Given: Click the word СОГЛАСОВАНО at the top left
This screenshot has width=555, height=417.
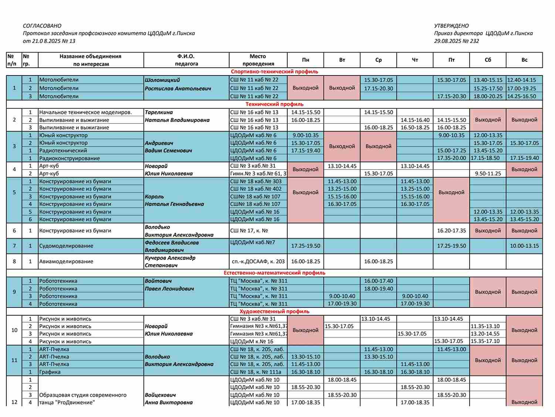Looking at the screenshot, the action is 42,26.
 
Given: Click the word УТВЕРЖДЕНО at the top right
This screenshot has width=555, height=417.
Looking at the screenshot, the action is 451,26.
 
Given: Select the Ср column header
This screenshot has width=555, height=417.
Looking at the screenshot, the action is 378,60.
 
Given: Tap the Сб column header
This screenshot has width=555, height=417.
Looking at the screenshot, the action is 488,60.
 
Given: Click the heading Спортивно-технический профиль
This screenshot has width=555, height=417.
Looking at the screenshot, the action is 274,72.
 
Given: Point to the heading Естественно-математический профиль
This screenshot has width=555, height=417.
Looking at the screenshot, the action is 274,273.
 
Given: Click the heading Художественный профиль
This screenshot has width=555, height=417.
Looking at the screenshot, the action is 274,311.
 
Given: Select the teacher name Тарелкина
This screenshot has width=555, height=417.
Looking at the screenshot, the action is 159,112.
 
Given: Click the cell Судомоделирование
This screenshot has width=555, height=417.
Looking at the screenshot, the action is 66,246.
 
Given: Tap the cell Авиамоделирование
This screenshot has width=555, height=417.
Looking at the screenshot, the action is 66,261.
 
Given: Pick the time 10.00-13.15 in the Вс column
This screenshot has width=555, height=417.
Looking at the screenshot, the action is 524,246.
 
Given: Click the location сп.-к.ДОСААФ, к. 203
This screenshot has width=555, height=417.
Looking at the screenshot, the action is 258,261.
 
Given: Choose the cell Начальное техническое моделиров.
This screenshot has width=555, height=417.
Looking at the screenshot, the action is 85,112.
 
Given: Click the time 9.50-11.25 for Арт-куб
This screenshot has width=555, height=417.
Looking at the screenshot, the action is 488,174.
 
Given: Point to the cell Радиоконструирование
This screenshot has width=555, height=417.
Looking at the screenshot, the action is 70,158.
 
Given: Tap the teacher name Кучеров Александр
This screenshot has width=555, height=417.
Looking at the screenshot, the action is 170,258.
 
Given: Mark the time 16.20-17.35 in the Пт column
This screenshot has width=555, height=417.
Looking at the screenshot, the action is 451,231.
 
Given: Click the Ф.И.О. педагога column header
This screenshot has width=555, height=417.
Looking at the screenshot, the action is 186,60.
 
